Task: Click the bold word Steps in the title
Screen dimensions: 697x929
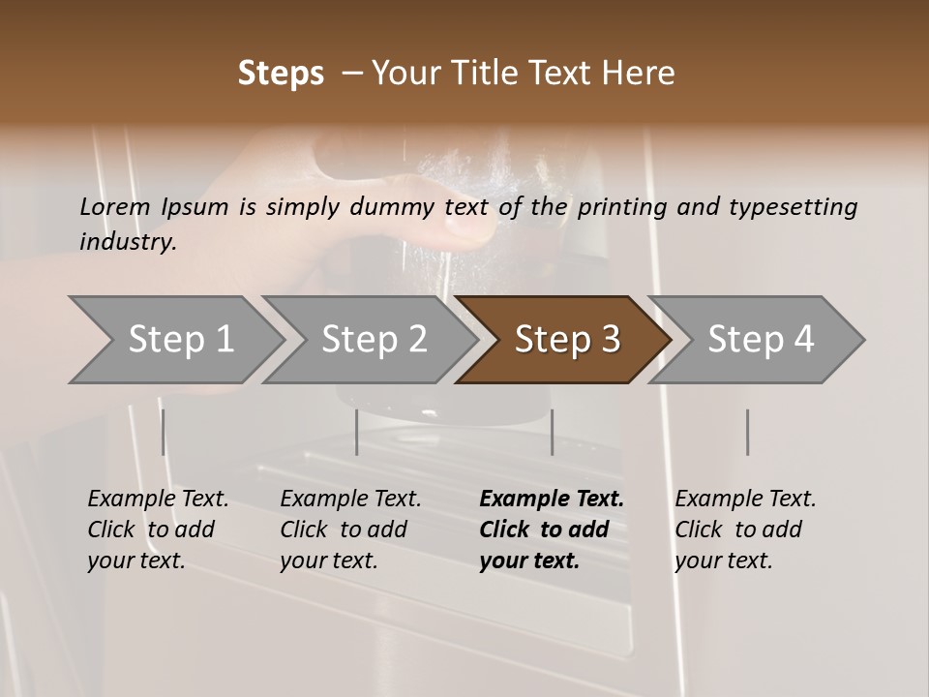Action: tap(281, 74)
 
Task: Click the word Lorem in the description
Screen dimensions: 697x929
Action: tap(115, 206)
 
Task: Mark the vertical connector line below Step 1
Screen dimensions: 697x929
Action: tap(164, 432)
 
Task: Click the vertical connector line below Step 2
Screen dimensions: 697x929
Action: tap(357, 432)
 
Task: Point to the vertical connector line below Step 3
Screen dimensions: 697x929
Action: tap(552, 432)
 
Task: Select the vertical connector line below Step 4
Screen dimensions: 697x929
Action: tap(747, 432)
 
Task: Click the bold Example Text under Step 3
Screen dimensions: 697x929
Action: tap(552, 500)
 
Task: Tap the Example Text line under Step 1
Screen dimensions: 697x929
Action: tap(158, 500)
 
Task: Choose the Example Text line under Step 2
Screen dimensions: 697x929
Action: tap(350, 500)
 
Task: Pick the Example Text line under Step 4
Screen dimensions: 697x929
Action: tap(745, 500)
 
